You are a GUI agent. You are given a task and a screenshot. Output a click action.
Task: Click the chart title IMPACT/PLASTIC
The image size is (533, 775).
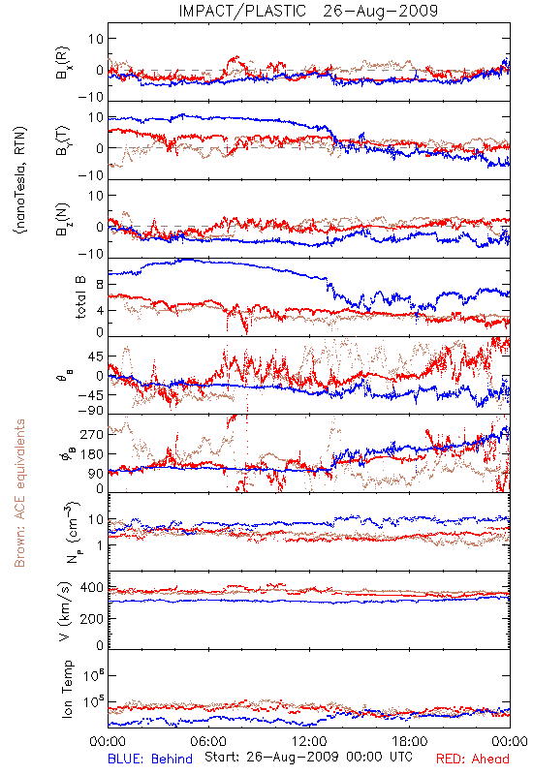click(x=242, y=11)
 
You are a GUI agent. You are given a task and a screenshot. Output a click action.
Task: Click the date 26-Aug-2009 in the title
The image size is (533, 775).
click(x=381, y=11)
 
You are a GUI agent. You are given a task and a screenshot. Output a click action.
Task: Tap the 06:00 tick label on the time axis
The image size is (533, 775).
click(x=208, y=741)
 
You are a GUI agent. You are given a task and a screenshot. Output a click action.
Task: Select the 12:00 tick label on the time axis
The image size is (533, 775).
click(x=309, y=741)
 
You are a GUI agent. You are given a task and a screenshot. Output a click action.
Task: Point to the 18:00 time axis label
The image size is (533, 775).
click(x=410, y=741)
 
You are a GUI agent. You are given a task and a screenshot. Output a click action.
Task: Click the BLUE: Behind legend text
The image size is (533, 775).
click(x=150, y=759)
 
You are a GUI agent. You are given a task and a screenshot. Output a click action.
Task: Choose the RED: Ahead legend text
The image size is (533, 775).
click(x=473, y=759)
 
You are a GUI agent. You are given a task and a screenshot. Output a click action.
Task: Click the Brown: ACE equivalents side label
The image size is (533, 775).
click(x=19, y=493)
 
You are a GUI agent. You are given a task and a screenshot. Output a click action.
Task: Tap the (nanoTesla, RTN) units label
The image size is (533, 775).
click(x=20, y=179)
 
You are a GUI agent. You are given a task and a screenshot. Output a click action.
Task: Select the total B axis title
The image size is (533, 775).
click(x=80, y=297)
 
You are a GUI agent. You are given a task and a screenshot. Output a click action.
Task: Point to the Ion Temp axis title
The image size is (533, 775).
click(x=67, y=688)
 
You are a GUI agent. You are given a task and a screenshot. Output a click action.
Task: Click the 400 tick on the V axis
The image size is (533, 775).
click(x=92, y=588)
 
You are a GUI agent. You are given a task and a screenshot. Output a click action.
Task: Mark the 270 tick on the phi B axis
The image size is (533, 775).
click(x=92, y=434)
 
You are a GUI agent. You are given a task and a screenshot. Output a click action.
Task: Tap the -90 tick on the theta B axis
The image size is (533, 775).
click(x=91, y=411)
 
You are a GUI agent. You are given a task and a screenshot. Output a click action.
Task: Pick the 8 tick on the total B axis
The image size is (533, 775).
click(x=101, y=285)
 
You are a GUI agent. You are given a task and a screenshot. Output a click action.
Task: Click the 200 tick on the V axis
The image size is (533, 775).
click(x=92, y=618)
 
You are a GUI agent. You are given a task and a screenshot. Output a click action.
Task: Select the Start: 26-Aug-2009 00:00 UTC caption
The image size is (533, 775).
click(x=308, y=757)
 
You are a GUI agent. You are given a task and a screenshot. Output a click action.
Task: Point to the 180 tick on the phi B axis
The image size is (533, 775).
click(x=92, y=453)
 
